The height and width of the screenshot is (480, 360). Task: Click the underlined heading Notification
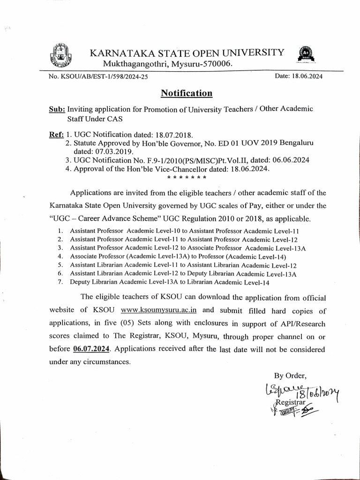(187, 93)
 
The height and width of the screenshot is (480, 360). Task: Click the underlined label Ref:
(57, 134)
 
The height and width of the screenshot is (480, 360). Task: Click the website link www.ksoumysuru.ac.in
(159, 310)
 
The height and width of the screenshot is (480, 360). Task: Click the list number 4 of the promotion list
(60, 256)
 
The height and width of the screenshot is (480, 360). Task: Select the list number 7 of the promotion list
(60, 282)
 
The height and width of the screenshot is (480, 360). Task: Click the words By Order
(290, 375)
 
